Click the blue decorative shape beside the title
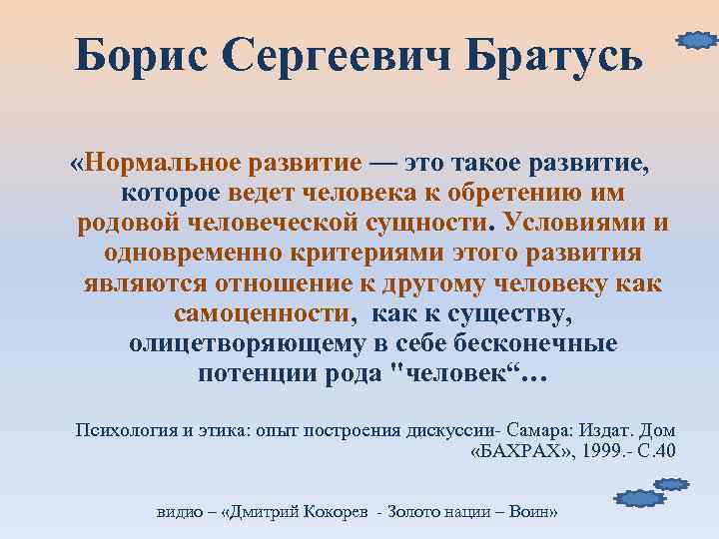pyautogui.click(x=697, y=41)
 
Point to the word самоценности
pyautogui.click(x=264, y=312)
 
